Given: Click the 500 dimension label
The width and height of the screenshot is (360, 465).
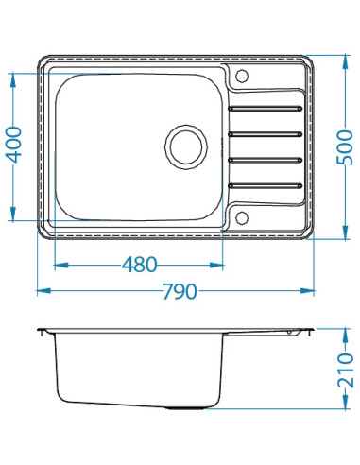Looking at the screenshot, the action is click(345, 147).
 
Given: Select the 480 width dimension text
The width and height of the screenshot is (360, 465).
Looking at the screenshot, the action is click(139, 265).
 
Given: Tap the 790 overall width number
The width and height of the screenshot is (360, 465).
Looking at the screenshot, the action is click(180, 291).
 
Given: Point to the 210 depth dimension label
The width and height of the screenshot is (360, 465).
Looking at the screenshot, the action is click(345, 370).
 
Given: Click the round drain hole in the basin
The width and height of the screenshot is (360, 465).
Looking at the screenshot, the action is click(186, 146).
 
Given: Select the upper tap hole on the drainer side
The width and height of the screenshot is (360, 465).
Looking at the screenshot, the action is click(242, 76).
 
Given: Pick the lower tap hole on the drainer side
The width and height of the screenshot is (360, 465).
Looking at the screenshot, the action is click(242, 217).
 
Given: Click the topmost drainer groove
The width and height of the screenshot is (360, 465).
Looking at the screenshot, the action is click(266, 109).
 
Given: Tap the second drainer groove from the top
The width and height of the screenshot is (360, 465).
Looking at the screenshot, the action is click(266, 134).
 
